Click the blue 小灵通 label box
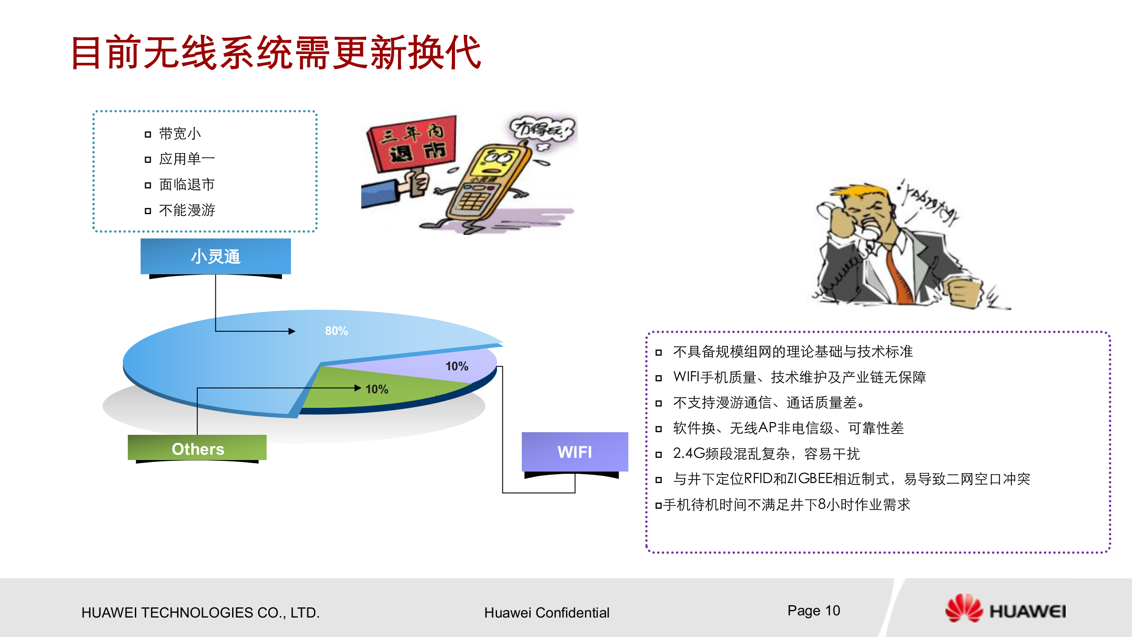pos(216,257)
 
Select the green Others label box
pos(197,448)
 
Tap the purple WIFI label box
pos(574,452)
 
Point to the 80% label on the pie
pos(336,331)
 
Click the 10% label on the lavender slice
pos(456,366)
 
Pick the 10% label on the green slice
pos(377,389)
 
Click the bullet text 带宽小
pos(180,134)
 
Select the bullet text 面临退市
pos(187,184)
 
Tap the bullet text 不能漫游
pos(187,210)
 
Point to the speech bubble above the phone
pos(542,130)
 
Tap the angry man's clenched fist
pos(964,292)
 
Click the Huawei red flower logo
pos(964,609)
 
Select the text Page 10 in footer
pos(814,610)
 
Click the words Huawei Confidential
pos(547,613)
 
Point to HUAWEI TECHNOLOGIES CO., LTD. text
pos(200,613)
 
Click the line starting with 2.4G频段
pos(766,453)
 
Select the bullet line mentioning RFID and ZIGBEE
pos(851,479)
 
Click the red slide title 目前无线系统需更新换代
pos(276,53)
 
